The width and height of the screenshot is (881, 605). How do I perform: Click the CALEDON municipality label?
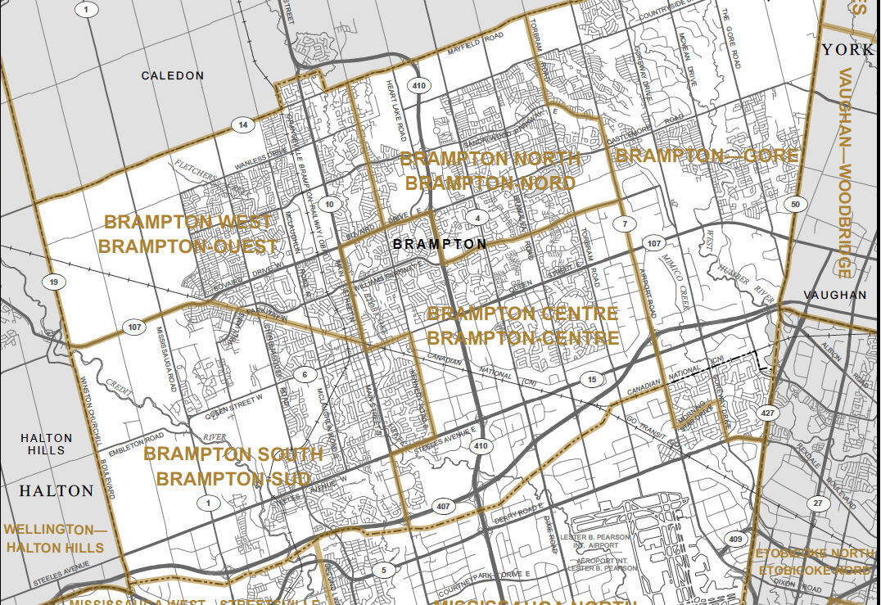(x=172, y=75)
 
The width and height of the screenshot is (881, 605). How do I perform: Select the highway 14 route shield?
(x=242, y=125)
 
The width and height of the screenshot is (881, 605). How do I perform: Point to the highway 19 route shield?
(x=53, y=282)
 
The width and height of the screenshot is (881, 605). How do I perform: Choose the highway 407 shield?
(x=443, y=506)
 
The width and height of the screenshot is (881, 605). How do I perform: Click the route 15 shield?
(x=591, y=380)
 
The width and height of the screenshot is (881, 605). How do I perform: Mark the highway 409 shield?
(x=735, y=539)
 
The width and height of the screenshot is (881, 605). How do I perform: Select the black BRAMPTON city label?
(x=439, y=244)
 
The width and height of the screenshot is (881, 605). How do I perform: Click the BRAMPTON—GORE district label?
(x=706, y=156)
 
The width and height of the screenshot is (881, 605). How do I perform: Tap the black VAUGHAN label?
(x=834, y=295)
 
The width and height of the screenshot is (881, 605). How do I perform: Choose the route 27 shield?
(x=817, y=503)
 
